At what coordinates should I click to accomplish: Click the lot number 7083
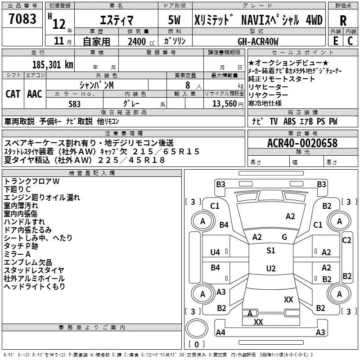point(22,19)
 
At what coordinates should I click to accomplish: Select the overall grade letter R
point(343,21)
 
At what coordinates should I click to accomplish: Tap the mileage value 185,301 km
point(53,65)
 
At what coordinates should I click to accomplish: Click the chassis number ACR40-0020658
point(302,143)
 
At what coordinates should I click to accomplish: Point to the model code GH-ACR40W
point(258,41)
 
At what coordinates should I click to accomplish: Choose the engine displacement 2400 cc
point(141,41)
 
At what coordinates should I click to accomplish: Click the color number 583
point(74,104)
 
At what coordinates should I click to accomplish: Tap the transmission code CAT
point(13,94)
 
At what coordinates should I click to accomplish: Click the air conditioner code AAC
point(35,94)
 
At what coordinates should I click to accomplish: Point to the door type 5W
point(174,20)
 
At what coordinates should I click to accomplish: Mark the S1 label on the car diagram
point(271,250)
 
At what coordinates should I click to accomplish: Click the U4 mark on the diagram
point(215,252)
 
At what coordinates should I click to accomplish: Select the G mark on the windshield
point(284,237)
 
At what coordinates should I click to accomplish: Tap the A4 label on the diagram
point(220,332)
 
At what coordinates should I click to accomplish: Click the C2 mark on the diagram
point(346,240)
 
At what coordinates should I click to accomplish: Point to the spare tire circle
point(197,328)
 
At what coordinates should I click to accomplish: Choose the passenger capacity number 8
point(188,85)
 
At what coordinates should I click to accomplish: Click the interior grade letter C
point(350,41)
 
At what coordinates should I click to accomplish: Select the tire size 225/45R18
point(131,160)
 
